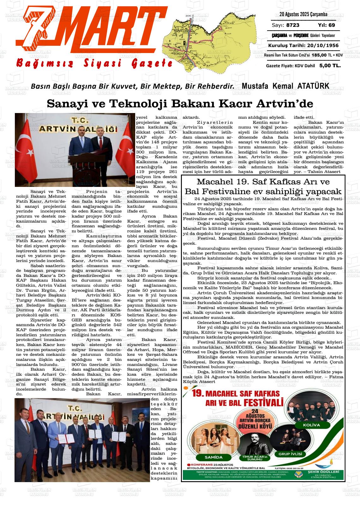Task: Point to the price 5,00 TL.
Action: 330,65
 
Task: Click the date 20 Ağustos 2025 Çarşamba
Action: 303,14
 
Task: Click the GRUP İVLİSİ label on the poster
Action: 290,454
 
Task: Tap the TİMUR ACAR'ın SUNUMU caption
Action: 252,458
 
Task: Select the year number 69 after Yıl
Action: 331,25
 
